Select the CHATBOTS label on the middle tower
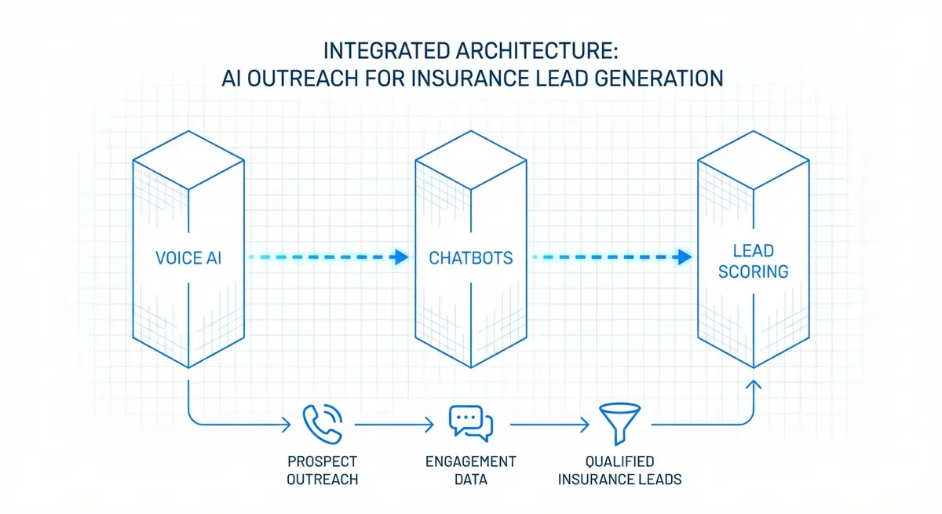(x=471, y=257)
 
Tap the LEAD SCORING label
(x=753, y=261)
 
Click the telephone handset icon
(x=322, y=423)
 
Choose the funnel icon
(x=619, y=423)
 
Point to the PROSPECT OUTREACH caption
(x=322, y=469)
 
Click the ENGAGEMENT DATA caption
(x=471, y=469)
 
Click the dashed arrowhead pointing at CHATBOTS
(x=402, y=257)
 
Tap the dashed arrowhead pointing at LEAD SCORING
(x=685, y=257)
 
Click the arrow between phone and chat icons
(x=392, y=425)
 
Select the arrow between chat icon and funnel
(x=549, y=425)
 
